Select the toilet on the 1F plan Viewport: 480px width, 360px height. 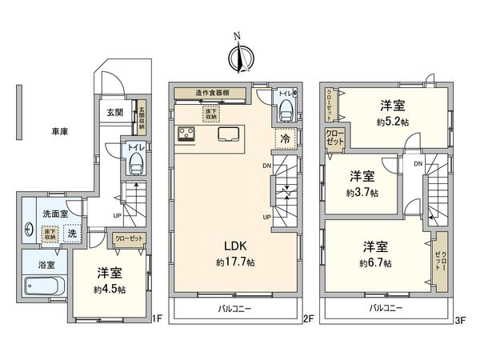(x=134, y=163)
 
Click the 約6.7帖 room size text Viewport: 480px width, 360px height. (x=375, y=263)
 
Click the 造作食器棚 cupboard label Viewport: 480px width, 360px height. (x=210, y=93)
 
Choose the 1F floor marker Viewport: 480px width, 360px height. (x=158, y=318)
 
